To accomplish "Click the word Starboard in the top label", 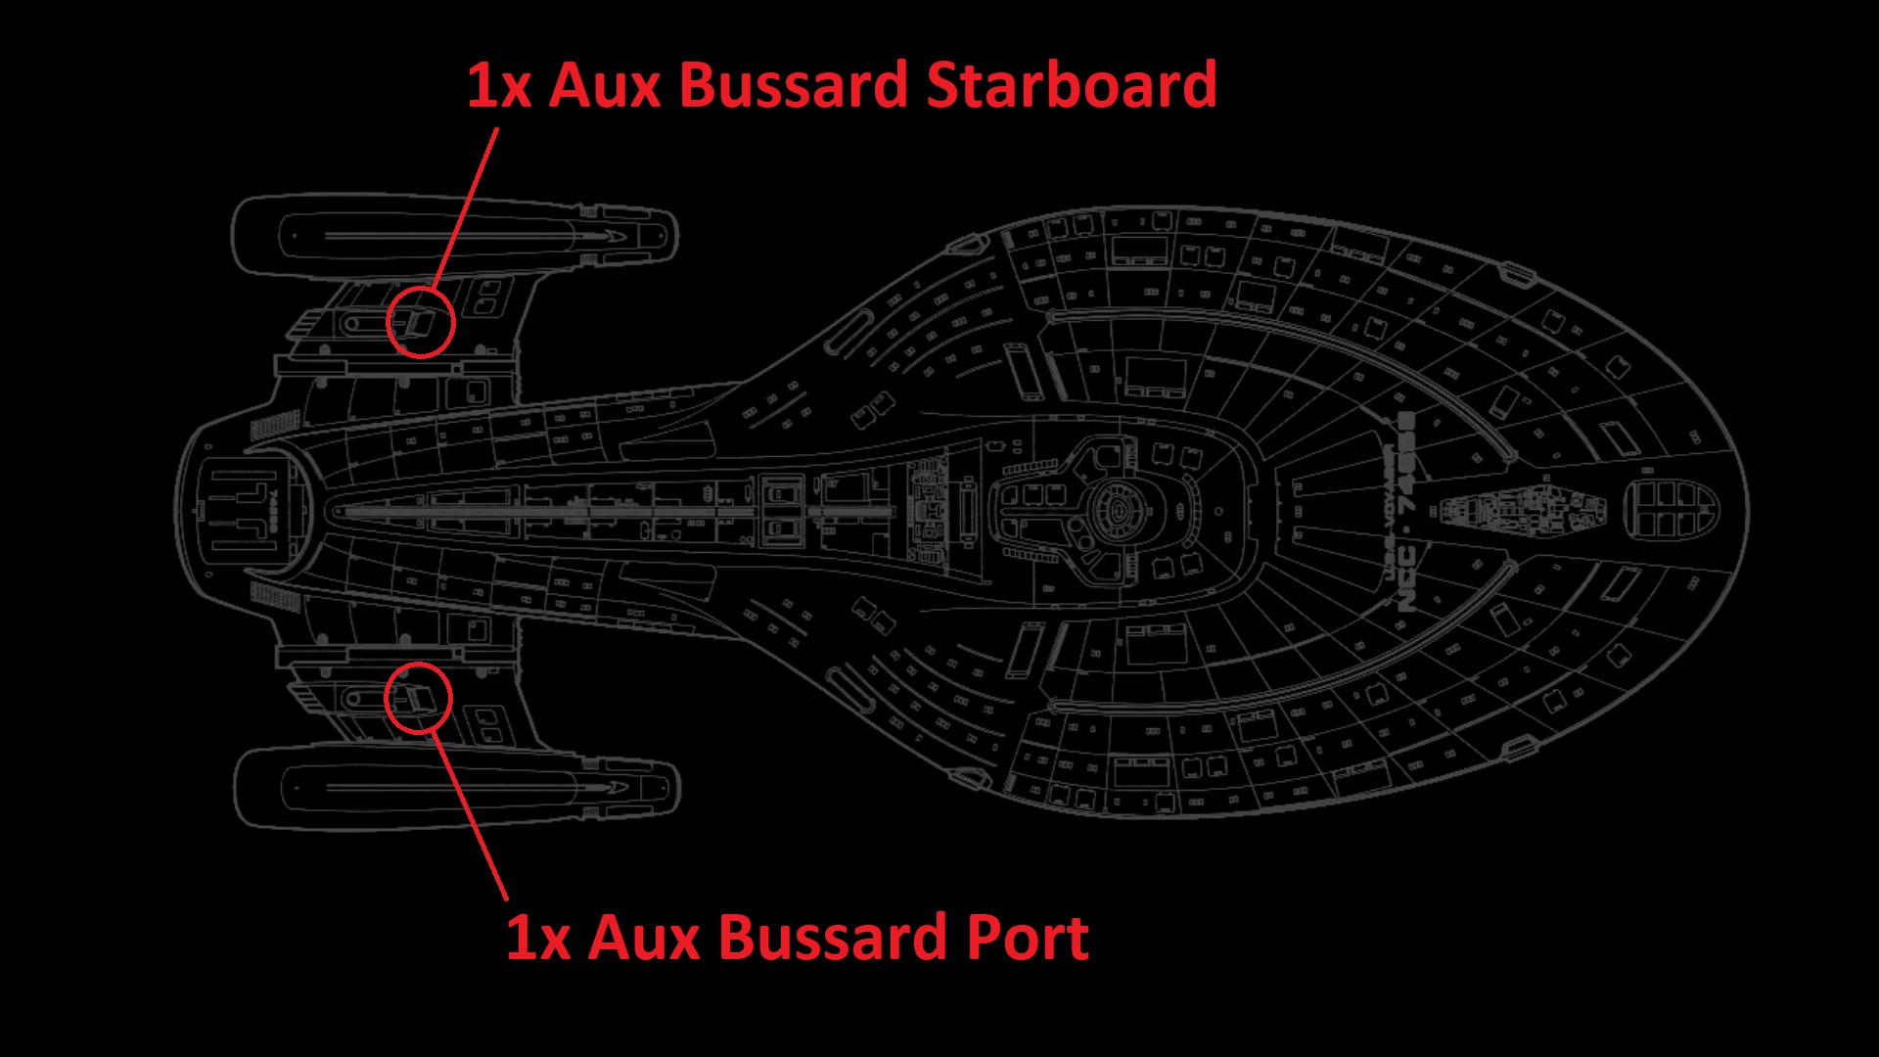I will pos(1071,84).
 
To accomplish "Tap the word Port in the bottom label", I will pos(1028,937).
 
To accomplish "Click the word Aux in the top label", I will pos(605,84).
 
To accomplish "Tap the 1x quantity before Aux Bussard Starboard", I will pos(499,84).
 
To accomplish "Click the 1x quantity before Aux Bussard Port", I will pos(538,937).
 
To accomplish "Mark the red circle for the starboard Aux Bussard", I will pos(421,321).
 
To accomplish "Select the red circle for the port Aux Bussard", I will pos(418,697).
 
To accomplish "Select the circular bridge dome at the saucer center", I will pos(1117,509).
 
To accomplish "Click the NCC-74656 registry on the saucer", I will pos(1406,513).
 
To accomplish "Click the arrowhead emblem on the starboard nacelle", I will pos(612,236).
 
